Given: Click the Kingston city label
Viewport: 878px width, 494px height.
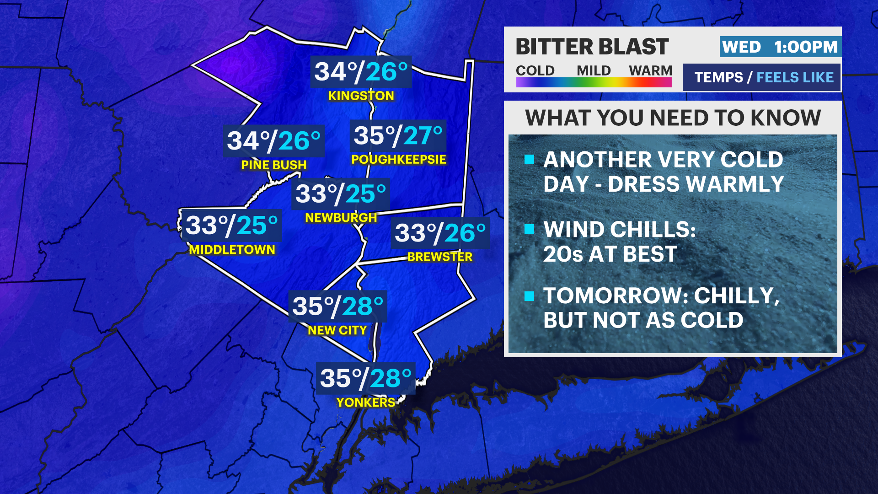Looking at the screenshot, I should pyautogui.click(x=361, y=96).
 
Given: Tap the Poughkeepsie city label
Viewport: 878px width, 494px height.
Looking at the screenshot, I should pyautogui.click(x=398, y=159).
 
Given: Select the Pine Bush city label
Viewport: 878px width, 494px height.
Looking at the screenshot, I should pyautogui.click(x=273, y=165).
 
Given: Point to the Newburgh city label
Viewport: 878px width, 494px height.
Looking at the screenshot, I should pyautogui.click(x=341, y=218).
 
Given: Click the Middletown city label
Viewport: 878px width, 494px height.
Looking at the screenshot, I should pyautogui.click(x=232, y=250).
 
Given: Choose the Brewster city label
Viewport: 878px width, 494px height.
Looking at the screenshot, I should pyautogui.click(x=439, y=257).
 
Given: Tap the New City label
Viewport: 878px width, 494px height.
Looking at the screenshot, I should pyautogui.click(x=337, y=330).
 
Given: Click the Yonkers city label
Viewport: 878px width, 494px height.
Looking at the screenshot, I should pyautogui.click(x=365, y=402).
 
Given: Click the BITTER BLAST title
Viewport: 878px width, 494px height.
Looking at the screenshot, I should pyautogui.click(x=592, y=47).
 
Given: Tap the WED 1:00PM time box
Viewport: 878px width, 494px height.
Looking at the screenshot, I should pyautogui.click(x=780, y=47).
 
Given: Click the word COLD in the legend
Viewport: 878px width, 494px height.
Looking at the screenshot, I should pyautogui.click(x=535, y=70).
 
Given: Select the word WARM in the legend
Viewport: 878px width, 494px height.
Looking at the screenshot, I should pyautogui.click(x=650, y=70).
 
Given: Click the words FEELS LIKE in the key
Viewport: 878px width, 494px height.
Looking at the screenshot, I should pyautogui.click(x=795, y=77).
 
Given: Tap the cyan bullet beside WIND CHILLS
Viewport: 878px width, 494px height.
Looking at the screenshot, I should pyautogui.click(x=530, y=229).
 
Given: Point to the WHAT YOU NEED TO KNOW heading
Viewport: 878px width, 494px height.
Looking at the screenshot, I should pyautogui.click(x=673, y=118).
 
